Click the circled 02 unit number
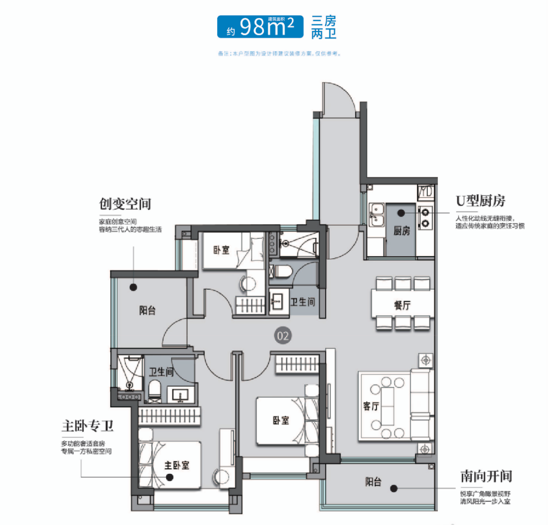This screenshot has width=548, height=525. point(283,335)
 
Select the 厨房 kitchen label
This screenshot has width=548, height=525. point(401,231)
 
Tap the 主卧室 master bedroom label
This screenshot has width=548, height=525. point(177,465)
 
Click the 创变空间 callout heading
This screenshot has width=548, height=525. point(125,204)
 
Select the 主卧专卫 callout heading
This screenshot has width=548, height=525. point(87,426)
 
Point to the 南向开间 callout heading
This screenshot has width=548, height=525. point(486,476)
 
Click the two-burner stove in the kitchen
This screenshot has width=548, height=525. point(425,217)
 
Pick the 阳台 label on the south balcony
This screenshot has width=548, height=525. point(373,482)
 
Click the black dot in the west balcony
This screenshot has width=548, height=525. point(133,288)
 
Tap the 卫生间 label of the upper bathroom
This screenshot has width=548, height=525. point(302,302)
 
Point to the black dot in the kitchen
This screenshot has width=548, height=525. point(401,213)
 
